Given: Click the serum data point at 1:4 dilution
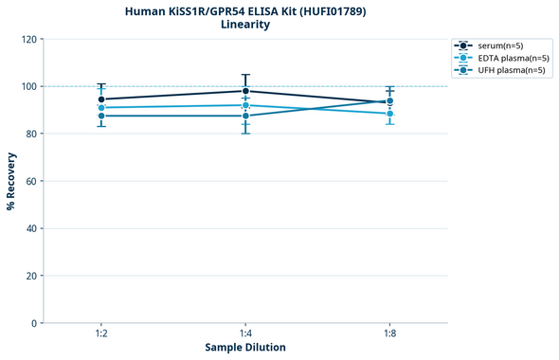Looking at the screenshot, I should pos(245,91).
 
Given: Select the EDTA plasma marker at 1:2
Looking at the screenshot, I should pos(101,108).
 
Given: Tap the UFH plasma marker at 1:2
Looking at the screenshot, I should pos(101,116).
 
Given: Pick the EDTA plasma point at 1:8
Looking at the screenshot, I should pos(389,114).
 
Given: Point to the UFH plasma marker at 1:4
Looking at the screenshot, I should pos(245,116).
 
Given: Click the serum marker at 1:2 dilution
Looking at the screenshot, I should pos(101,99).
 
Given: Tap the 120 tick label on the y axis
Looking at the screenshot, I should pos(28,39).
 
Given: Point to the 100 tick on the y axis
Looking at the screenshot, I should pos(28,86).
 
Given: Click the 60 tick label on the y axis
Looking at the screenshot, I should pos(31,181).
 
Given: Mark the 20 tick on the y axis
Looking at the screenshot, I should pos(31,276).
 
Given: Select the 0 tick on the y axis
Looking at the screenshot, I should pos(34,323).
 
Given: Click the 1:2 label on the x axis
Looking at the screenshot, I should pos(101,334).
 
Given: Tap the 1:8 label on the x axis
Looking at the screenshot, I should pos(389,334).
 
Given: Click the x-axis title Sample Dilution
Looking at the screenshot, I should pos(245,348).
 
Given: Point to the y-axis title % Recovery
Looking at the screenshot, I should pos(11,180).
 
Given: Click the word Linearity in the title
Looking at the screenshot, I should pos(245,25).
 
